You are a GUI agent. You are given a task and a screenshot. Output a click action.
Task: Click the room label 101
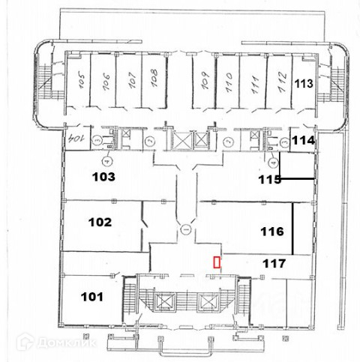92,297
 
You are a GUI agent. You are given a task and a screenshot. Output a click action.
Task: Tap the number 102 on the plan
100,222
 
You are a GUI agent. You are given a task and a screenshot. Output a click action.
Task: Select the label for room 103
103,177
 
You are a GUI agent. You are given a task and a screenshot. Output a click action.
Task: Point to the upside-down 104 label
76,138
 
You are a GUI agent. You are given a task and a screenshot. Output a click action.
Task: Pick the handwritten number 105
81,80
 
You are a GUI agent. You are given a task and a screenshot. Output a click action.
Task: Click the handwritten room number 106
106,82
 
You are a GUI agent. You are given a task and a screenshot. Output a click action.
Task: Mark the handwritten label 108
154,78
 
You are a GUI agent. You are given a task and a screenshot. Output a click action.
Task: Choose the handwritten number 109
205,80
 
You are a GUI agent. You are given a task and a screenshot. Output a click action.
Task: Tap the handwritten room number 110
229,82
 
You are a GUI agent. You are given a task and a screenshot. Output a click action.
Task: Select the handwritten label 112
282,82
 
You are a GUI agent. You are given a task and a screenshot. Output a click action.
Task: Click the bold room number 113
304,84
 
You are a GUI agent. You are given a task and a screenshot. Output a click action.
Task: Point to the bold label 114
303,140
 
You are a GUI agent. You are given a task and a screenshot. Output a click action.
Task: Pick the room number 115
269,179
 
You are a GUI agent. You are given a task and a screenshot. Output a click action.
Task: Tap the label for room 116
272,232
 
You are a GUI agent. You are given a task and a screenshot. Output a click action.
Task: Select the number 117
274,264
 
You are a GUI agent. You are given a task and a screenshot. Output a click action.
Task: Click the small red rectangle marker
217,262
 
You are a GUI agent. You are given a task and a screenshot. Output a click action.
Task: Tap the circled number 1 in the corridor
185,229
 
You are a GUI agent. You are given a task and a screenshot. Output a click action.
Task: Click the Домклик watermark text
67,343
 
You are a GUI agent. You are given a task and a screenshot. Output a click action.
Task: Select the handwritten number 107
133,80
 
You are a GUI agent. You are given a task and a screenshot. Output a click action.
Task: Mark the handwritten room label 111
255,85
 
